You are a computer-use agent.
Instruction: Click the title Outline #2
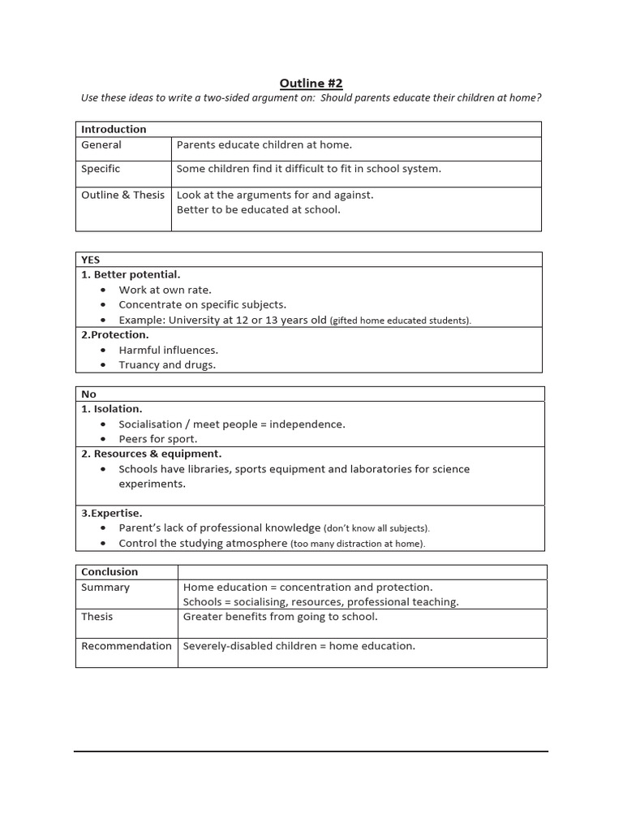tap(311, 83)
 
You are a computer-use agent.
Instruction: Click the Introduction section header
tap(114, 129)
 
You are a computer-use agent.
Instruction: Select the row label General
tap(101, 144)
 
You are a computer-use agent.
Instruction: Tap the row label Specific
tap(101, 169)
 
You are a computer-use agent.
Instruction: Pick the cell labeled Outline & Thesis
tap(122, 195)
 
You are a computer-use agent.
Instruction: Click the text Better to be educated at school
tap(259, 209)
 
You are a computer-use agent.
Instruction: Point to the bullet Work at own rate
tap(165, 290)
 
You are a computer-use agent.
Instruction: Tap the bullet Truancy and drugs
tap(167, 364)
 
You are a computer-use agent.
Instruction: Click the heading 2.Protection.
tap(115, 334)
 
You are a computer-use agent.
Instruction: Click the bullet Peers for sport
tap(157, 439)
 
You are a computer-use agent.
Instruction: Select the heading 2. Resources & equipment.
tap(151, 454)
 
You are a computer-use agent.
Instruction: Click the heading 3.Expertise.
tap(112, 513)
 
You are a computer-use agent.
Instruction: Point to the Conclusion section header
tap(110, 571)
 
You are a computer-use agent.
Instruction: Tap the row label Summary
tap(105, 587)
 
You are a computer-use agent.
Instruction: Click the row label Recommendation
tap(127, 646)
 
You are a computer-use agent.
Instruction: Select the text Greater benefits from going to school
tap(280, 617)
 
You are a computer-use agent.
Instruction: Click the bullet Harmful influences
tap(168, 350)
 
